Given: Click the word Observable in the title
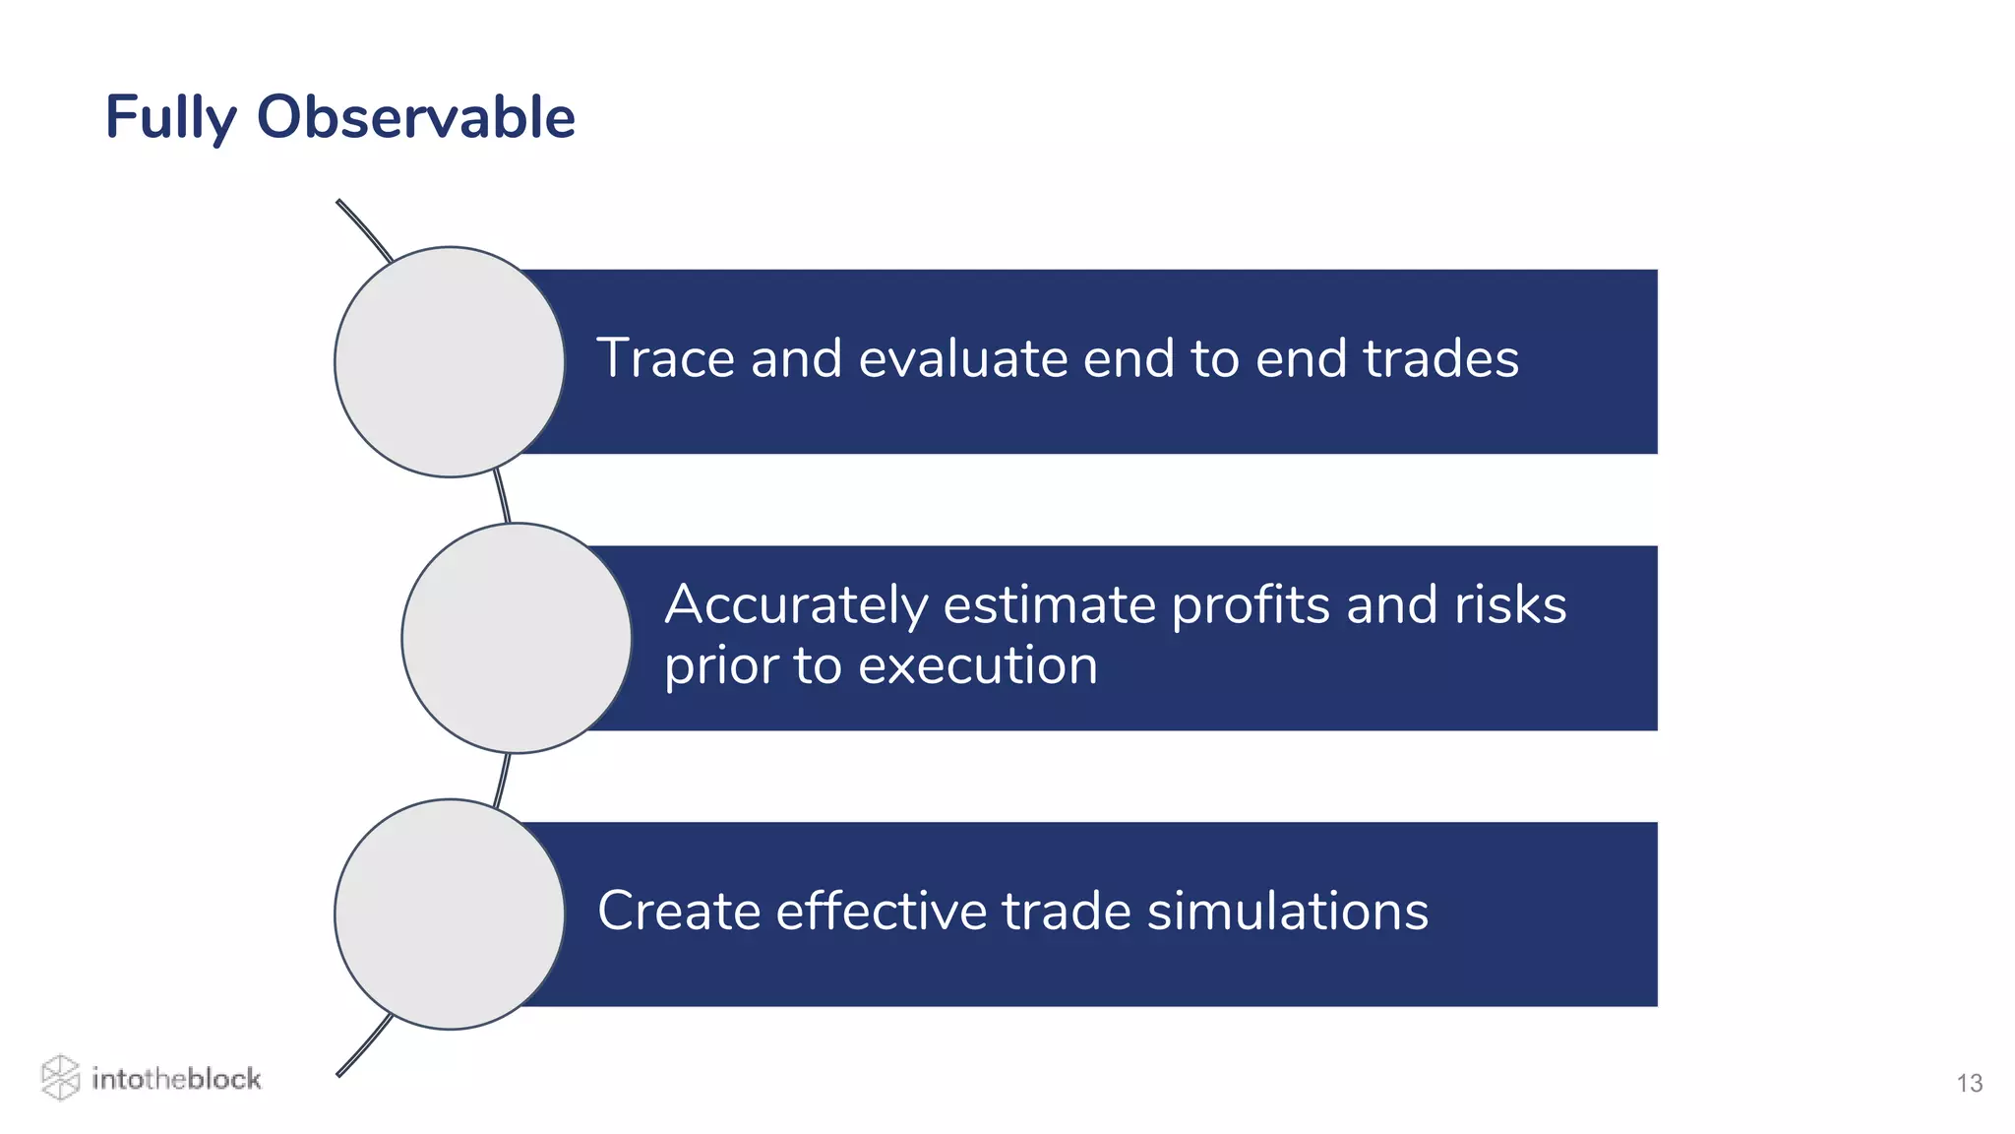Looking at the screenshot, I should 415,118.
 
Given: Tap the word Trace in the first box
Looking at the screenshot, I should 664,358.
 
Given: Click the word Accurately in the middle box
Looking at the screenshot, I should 795,605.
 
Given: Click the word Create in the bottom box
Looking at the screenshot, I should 678,911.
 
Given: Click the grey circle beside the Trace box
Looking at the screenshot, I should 450,362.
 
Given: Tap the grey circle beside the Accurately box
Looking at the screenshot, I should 517,638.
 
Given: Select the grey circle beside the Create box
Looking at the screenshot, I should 450,914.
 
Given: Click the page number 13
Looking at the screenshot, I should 1969,1084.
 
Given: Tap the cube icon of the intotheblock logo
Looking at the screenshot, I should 60,1078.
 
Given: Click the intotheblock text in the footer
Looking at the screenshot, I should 176,1080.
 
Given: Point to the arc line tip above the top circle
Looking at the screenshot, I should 339,203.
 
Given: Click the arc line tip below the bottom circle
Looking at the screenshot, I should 339,1073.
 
